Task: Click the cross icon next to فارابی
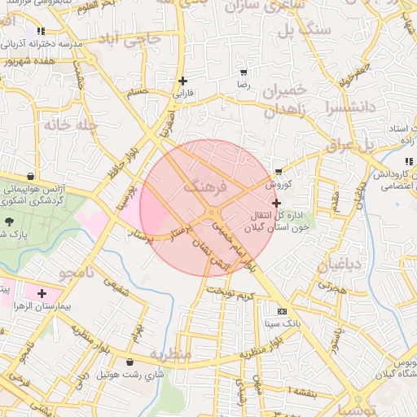[182, 81]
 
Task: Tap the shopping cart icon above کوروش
[279, 172]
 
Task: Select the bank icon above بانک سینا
[282, 312]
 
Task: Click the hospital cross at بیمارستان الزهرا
[42, 292]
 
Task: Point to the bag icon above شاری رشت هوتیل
[130, 362]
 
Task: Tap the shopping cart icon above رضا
[243, 71]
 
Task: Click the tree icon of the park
[9, 221]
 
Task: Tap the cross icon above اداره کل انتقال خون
[276, 203]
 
